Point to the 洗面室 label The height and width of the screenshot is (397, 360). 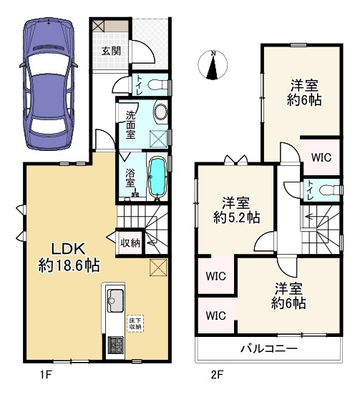pos(131,124)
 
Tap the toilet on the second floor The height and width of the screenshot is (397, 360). pos(326,190)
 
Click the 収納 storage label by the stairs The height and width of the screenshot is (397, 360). pos(130,243)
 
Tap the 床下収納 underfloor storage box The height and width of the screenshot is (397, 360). pos(134,323)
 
